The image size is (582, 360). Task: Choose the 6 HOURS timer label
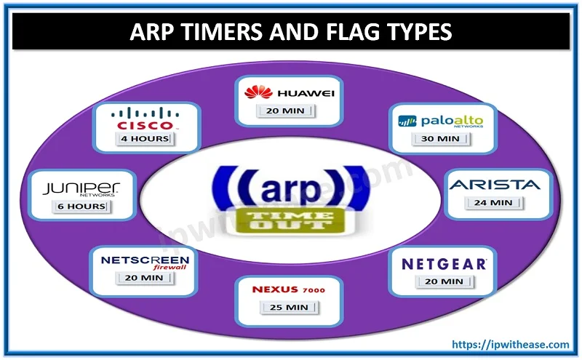[81, 207]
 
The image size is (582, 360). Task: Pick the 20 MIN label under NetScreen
[143, 278]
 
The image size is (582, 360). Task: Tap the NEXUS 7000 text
[288, 289]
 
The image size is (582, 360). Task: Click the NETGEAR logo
[444, 263]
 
